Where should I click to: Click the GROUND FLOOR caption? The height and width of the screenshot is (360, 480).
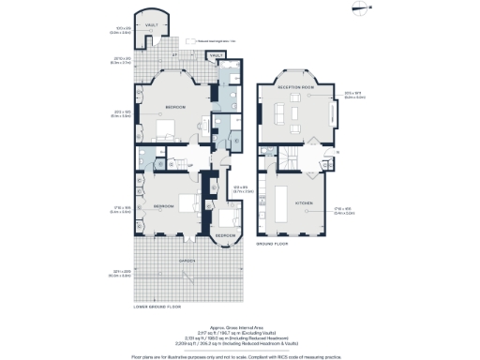pyautogui.click(x=273, y=244)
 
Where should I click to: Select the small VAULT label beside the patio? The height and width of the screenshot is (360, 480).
pyautogui.click(x=217, y=56)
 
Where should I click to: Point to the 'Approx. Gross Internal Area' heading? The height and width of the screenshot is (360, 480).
pyautogui.click(x=241, y=321)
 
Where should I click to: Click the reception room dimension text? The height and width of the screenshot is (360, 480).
pyautogui.click(x=353, y=120)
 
